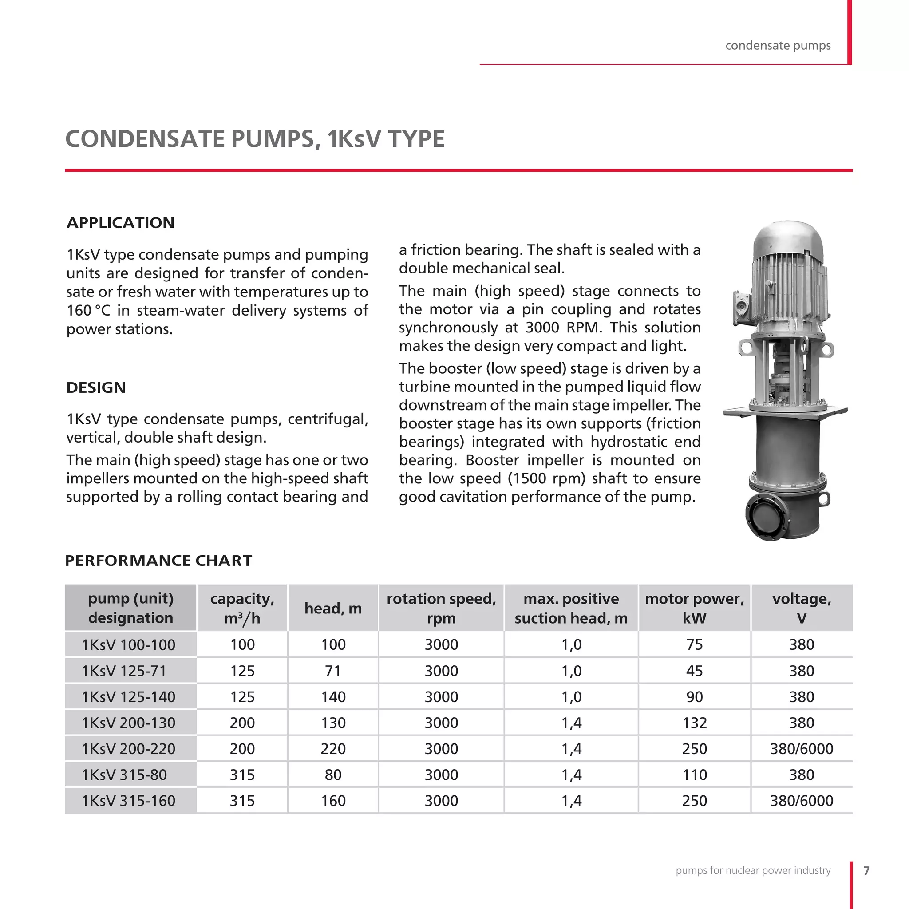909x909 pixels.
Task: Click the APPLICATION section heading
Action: [120, 222]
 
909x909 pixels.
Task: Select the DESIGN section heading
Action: [96, 387]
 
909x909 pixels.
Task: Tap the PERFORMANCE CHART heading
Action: [158, 561]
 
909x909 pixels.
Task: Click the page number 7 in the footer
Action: [867, 870]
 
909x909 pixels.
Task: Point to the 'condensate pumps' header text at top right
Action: [778, 46]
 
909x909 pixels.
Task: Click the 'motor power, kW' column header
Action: [694, 608]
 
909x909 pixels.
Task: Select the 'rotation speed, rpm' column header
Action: [441, 608]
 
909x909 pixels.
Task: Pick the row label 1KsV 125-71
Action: [124, 671]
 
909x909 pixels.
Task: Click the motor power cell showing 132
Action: [695, 723]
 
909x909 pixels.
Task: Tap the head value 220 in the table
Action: [333, 749]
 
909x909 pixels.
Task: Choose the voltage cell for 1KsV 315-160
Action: [801, 800]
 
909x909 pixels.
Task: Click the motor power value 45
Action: [695, 671]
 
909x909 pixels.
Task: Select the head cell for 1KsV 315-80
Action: [333, 775]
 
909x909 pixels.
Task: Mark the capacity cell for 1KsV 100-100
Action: [242, 644]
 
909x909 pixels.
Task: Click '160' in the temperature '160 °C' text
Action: [79, 311]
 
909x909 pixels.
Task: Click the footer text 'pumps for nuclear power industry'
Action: [753, 870]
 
